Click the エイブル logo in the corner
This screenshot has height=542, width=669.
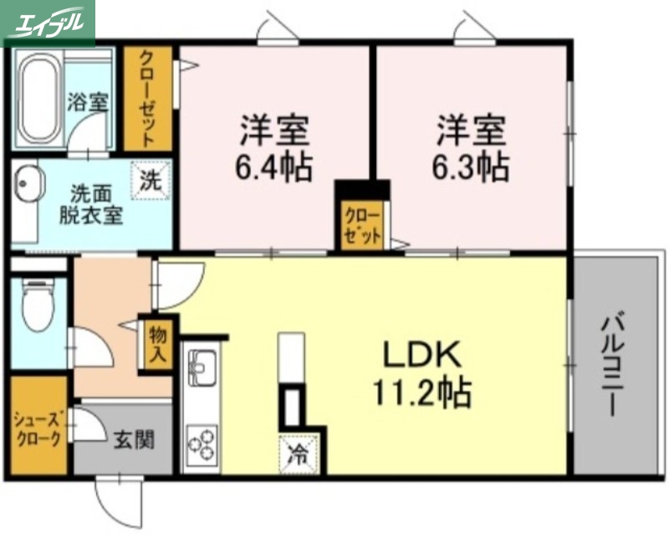point(48,23)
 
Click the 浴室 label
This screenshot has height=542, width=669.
point(88,102)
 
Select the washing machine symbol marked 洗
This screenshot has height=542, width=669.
point(151,179)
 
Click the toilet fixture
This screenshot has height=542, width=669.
point(36,306)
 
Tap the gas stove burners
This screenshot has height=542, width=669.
point(202,446)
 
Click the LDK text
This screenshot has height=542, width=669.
point(422,355)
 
